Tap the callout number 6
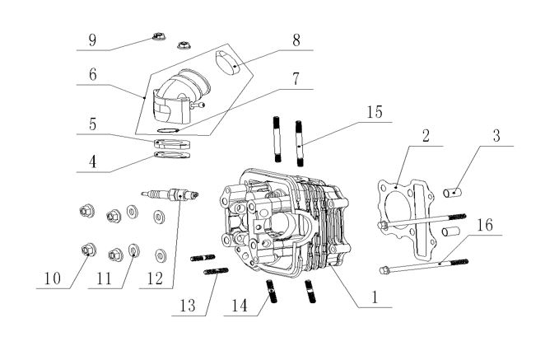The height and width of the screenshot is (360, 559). (x=93, y=72)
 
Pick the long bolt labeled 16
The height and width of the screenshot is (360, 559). (x=427, y=264)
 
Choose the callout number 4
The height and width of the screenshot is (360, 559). (x=93, y=161)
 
